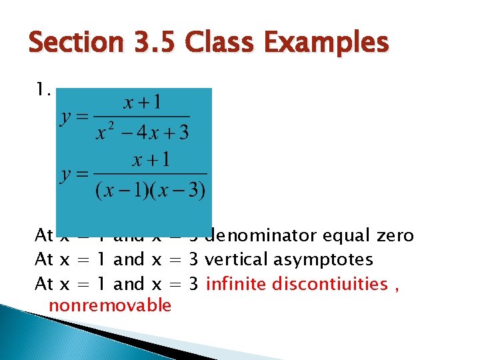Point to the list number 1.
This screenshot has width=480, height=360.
pyautogui.click(x=43, y=89)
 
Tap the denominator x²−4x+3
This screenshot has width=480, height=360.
pyautogui.click(x=143, y=131)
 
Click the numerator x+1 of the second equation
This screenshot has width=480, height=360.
pyautogui.click(x=151, y=160)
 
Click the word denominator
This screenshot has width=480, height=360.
pyautogui.click(x=261, y=236)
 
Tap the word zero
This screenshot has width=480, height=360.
pyautogui.click(x=395, y=236)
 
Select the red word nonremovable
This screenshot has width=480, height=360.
pyautogui.click(x=111, y=306)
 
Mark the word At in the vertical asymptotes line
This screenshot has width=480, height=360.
pyautogui.click(x=44, y=260)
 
